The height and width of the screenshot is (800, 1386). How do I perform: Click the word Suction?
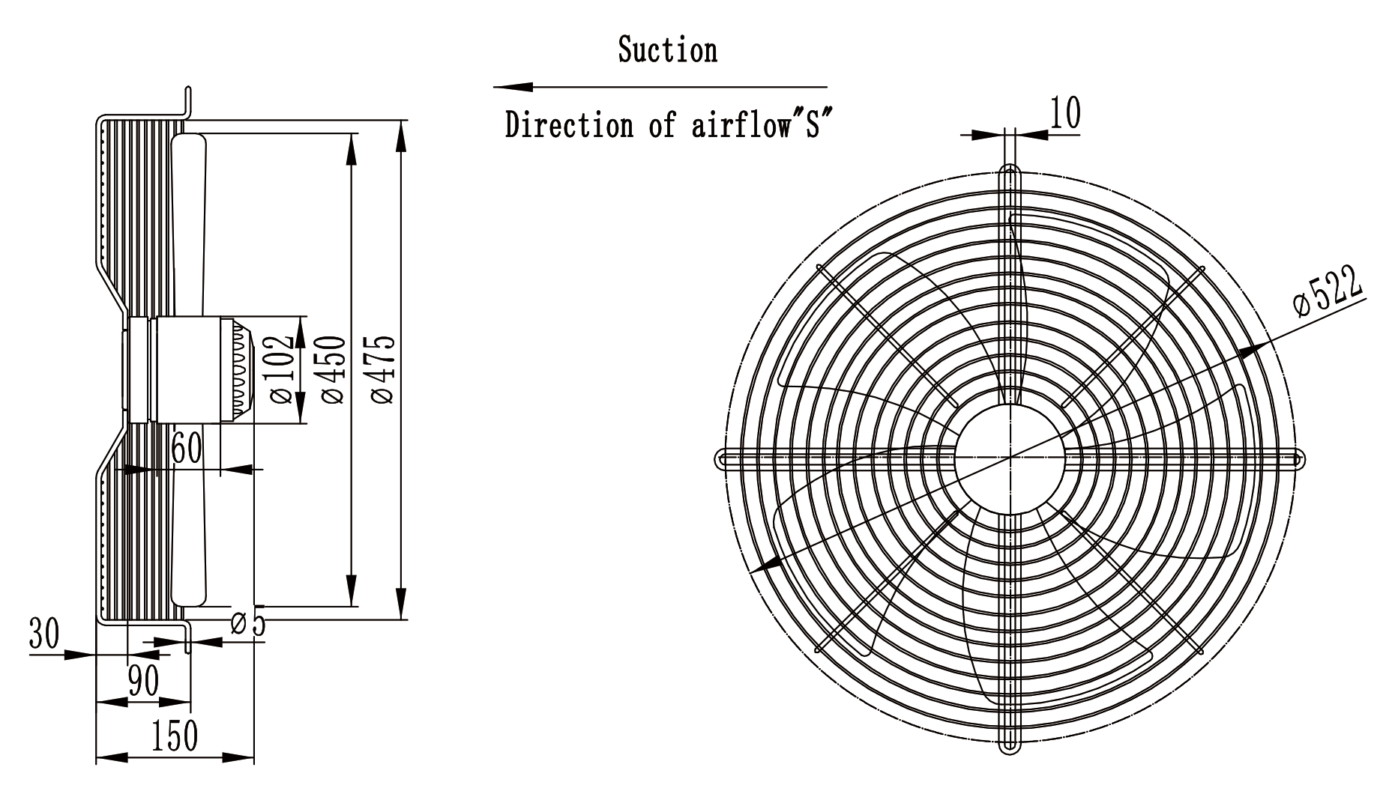(667, 50)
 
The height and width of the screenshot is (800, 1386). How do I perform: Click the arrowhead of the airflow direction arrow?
(513, 87)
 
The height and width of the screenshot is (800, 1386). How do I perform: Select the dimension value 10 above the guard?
(1065, 113)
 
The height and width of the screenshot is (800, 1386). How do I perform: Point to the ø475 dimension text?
(382, 369)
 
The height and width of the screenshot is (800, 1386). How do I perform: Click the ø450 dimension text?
(333, 370)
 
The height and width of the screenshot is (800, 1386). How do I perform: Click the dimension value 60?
(187, 449)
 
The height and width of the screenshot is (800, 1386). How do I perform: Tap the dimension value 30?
(44, 634)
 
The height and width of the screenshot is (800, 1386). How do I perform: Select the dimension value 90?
(143, 682)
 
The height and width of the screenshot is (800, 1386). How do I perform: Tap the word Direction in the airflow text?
(570, 124)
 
